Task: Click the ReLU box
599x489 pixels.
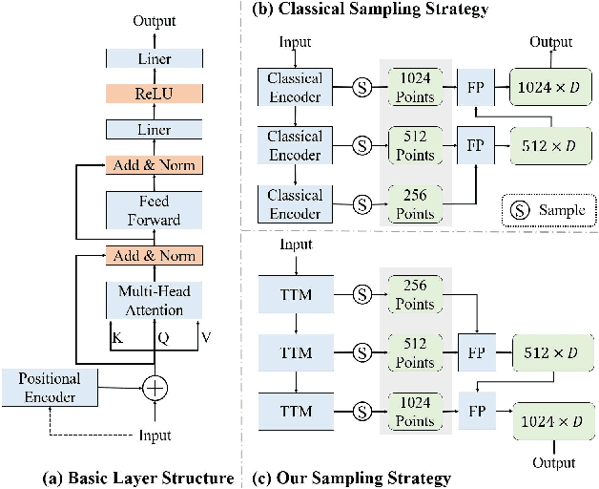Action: point(154,94)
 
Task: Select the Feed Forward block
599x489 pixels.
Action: point(154,210)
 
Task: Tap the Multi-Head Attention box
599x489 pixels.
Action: point(154,298)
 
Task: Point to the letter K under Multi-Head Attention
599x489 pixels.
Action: point(115,336)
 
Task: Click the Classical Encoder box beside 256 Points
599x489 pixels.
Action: point(296,204)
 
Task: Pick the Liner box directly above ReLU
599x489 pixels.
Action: point(154,59)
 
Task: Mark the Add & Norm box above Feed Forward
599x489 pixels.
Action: point(154,165)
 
